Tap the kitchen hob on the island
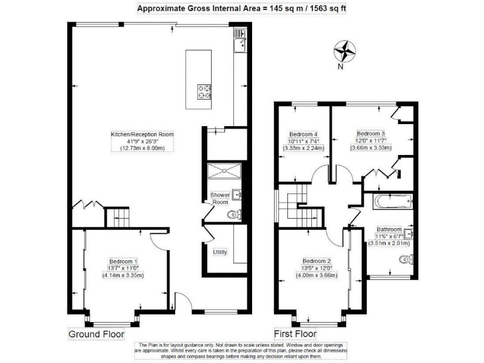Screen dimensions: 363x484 pos(205,92)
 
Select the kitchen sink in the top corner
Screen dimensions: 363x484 pos(239,43)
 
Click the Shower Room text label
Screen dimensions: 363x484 pos(219,199)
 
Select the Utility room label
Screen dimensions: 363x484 pos(220,252)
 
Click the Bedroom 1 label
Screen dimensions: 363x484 pos(124,262)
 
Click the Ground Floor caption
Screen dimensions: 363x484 pos(96,334)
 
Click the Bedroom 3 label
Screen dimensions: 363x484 pos(371,134)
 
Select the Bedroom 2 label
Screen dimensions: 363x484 pos(316,261)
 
